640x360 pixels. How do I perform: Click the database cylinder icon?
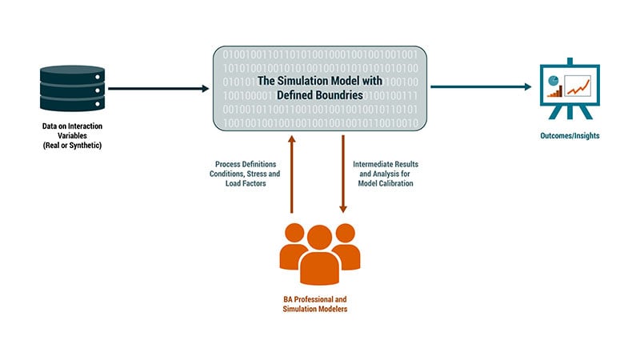pyautogui.click(x=72, y=88)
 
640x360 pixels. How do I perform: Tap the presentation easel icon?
pyautogui.click(x=570, y=89)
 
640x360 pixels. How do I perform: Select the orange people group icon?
pyautogui.click(x=319, y=254)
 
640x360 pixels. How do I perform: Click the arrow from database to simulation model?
pyautogui.click(x=158, y=88)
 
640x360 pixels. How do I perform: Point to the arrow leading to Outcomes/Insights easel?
pyautogui.click(x=481, y=86)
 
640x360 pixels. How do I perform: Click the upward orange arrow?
pyautogui.click(x=291, y=174)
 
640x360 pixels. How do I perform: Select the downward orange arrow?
pyautogui.click(x=343, y=174)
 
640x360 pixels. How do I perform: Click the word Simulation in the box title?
pyautogui.click(x=303, y=81)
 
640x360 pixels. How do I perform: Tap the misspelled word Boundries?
pyautogui.click(x=341, y=95)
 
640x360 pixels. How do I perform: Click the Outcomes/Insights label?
pyautogui.click(x=570, y=135)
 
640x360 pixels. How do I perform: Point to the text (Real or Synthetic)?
pyautogui.click(x=72, y=146)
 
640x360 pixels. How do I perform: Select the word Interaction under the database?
pyautogui.click(x=86, y=126)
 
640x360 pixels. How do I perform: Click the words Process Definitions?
pyautogui.click(x=246, y=164)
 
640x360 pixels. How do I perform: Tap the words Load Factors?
pyautogui.click(x=246, y=184)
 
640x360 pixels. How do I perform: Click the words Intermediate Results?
pyautogui.click(x=386, y=164)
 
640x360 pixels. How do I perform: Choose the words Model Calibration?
pyautogui.click(x=386, y=184)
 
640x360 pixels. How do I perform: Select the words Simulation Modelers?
pyautogui.click(x=315, y=309)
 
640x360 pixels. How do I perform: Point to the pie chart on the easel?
pyautogui.click(x=554, y=81)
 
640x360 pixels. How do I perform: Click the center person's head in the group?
pyautogui.click(x=319, y=237)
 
